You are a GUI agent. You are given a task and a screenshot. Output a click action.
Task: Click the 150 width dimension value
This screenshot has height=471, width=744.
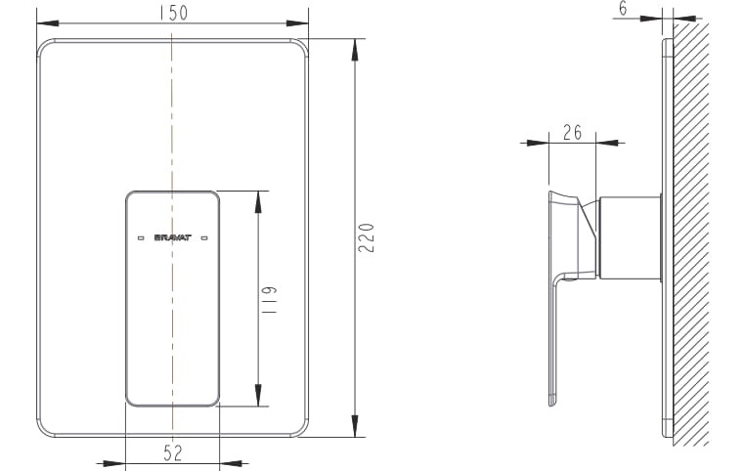(x=172, y=12)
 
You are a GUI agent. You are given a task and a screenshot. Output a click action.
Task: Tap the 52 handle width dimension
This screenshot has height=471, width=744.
(x=172, y=452)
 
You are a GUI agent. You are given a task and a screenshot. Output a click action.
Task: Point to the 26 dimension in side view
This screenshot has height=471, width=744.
(x=572, y=132)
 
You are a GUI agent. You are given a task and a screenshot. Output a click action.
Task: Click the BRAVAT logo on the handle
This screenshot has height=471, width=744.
(x=171, y=236)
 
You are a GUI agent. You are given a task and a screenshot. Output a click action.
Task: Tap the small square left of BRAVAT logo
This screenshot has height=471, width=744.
(x=135, y=236)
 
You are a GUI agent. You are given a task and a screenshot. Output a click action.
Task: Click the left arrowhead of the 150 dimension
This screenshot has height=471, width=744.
(x=43, y=21)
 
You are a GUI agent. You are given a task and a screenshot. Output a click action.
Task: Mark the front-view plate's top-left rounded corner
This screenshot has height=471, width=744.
(x=43, y=45)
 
